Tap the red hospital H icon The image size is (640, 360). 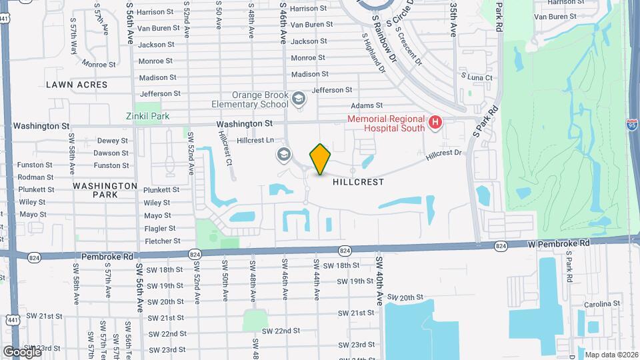tap(435, 122)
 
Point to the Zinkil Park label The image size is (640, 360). tap(147, 116)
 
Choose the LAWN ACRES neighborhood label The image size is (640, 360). tap(77, 85)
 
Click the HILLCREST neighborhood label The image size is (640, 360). tap(359, 181)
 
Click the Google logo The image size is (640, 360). tap(22, 351)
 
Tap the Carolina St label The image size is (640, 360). tap(603, 303)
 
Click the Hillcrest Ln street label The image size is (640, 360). tap(257, 141)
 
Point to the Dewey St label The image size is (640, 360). tap(112, 141)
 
